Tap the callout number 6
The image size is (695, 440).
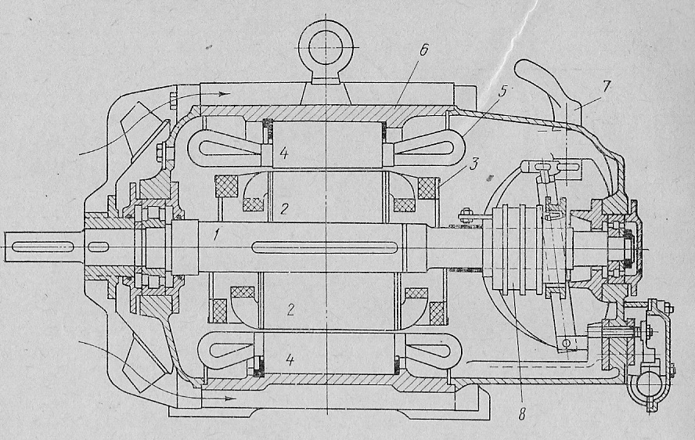coord(423,50)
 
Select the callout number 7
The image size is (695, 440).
coord(607,85)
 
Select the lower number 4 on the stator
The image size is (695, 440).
coord(290,360)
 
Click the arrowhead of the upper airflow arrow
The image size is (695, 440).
coord(226,93)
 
